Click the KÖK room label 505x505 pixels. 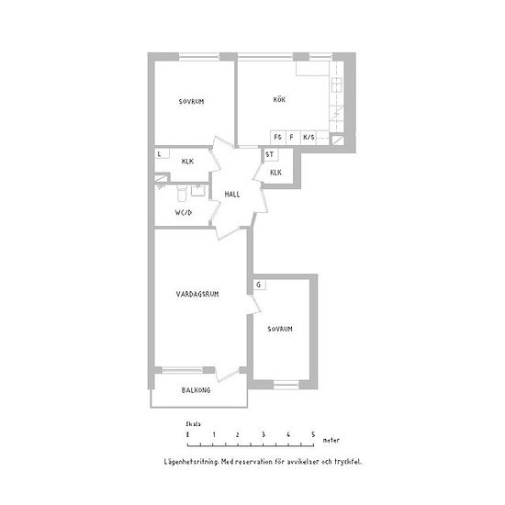pyautogui.click(x=279, y=99)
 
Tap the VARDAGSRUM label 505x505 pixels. pyautogui.click(x=197, y=294)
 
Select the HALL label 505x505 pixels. pyautogui.click(x=232, y=195)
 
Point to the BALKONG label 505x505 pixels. pyautogui.click(x=196, y=390)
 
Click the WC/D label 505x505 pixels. pyautogui.click(x=184, y=213)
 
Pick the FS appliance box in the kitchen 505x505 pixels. pyautogui.click(x=278, y=138)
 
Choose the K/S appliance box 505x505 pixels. pyautogui.click(x=309, y=138)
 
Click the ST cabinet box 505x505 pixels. pyautogui.click(x=271, y=154)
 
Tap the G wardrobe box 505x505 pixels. pyautogui.click(x=259, y=285)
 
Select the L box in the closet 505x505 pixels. pyautogui.click(x=162, y=153)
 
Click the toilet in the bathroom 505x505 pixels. pyautogui.click(x=182, y=193)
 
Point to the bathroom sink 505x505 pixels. pyautogui.click(x=197, y=190)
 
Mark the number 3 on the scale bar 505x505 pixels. pyautogui.click(x=264, y=435)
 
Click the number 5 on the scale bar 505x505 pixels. pyautogui.click(x=313, y=435)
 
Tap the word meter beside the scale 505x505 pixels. pyautogui.click(x=331, y=440)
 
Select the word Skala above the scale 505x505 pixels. pyautogui.click(x=193, y=424)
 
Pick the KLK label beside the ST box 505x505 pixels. pyautogui.click(x=275, y=173)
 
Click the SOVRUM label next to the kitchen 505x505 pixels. pyautogui.click(x=191, y=102)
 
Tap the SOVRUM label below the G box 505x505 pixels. pyautogui.click(x=280, y=329)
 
